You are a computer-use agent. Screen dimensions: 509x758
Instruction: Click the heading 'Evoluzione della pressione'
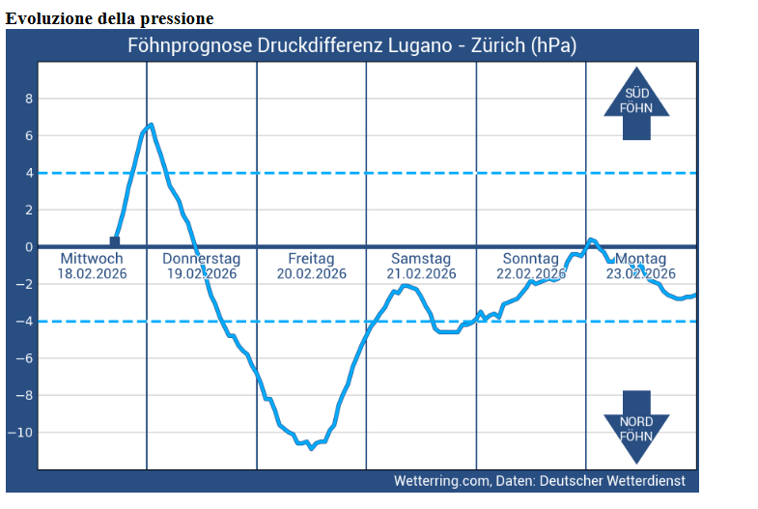point(110,18)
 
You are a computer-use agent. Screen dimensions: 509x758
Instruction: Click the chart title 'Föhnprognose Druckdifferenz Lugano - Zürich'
point(351,45)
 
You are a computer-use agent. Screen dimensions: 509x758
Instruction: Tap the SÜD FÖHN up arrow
point(636,102)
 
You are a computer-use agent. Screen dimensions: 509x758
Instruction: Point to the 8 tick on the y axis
point(29,99)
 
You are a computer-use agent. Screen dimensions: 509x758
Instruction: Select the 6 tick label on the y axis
point(29,136)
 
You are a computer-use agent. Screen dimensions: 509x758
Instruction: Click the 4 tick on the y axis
point(29,173)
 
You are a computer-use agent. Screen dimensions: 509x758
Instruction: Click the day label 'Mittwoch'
point(92,259)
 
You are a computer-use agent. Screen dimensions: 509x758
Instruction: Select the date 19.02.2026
point(202,273)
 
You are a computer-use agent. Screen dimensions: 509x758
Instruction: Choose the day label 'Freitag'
point(311,259)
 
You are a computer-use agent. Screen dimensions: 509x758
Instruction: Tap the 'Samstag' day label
point(421,259)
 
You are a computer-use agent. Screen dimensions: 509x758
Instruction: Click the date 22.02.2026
point(531,273)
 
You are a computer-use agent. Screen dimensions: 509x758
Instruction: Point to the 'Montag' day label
point(641,259)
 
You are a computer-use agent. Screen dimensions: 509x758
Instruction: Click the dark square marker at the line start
point(115,241)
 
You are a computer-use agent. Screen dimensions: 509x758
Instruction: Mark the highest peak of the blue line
point(151,125)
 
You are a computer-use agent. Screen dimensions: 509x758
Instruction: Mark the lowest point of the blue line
point(311,448)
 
